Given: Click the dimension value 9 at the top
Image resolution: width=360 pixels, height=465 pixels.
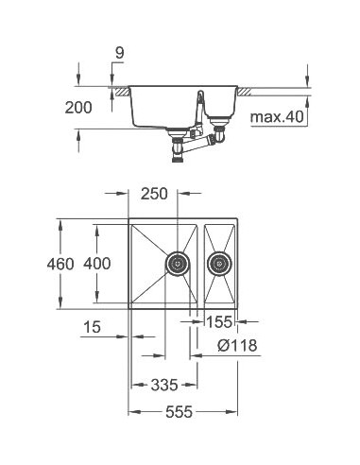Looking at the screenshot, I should point(119,55).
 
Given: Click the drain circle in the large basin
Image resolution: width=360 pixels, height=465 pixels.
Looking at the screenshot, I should point(178,262).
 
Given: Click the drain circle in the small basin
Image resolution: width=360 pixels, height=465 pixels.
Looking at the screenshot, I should point(220,262).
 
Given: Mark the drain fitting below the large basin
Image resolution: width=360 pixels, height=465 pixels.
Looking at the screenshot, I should point(176,143).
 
